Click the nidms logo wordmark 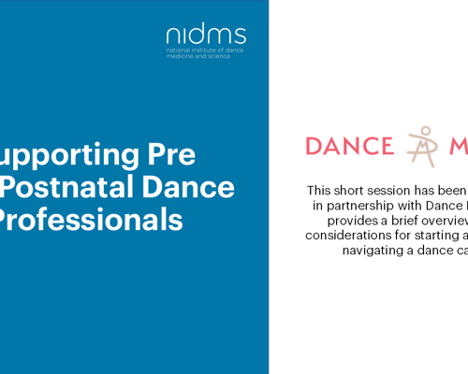pyautogui.click(x=206, y=36)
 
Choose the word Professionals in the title pyautogui.click(x=90, y=220)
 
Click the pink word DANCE pyautogui.click(x=350, y=147)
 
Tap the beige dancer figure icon pyautogui.click(x=424, y=146)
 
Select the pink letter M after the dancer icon pyautogui.click(x=459, y=147)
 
